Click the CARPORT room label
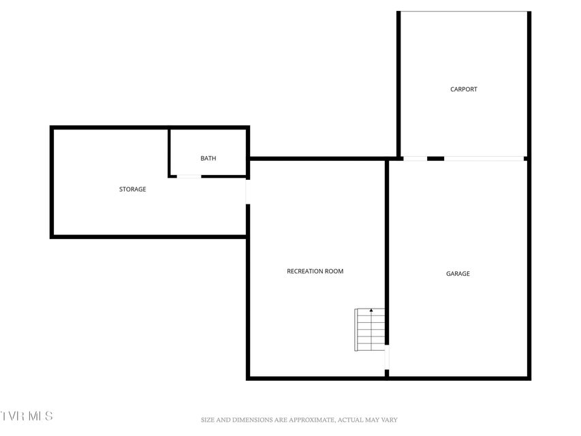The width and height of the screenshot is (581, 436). coord(464,89)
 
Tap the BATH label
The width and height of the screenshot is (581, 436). coord(208,158)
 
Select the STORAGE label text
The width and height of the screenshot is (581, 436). coord(133,189)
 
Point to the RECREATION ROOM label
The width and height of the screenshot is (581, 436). coord(315,271)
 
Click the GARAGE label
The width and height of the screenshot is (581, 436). coord(458,274)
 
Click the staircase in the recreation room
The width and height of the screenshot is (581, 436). coord(370,330)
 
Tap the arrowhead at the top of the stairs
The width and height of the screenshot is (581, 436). coord(371,310)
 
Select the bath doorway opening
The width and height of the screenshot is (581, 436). coord(189,176)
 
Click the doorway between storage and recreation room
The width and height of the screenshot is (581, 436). coord(248,191)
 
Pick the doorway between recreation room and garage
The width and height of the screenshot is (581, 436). coord(387,357)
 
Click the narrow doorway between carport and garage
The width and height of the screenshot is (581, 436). coord(415,159)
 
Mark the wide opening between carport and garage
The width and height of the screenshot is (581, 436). coord(484,159)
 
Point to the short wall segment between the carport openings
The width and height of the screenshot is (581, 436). coord(436,159)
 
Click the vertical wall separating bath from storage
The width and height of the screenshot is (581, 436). coord(170,153)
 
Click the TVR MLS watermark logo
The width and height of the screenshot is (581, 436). coord(27,416)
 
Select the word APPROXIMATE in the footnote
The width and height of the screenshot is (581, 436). coord(311,420)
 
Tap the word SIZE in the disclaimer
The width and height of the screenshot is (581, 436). coord(208,420)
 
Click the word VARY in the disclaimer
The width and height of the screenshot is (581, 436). coord(389,420)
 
